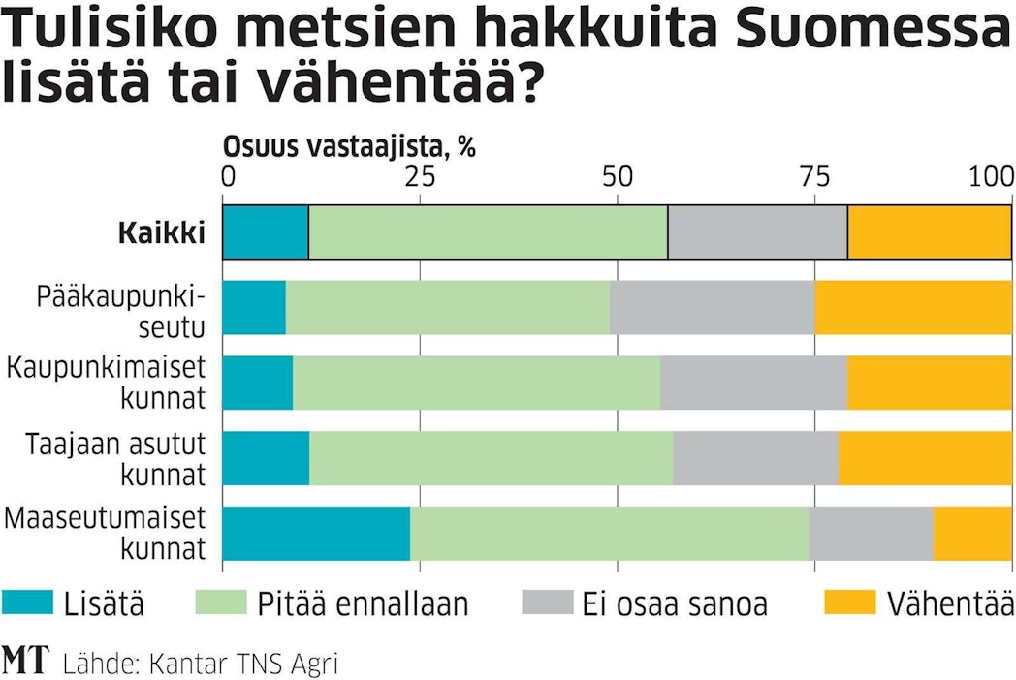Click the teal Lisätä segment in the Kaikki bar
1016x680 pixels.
[x=266, y=232]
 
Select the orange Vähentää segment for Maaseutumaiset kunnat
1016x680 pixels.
[x=972, y=534]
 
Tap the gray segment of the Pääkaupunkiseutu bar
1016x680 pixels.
[x=712, y=308]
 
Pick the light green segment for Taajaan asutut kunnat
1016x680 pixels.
[x=491, y=458]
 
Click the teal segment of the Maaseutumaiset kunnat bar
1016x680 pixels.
[x=316, y=534]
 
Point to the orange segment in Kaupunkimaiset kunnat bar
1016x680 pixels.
[x=930, y=383]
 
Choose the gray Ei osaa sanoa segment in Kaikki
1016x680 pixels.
[x=757, y=232]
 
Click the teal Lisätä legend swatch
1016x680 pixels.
[x=27, y=603]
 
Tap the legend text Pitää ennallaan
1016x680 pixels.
[x=363, y=603]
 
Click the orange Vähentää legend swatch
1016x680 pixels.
[x=847, y=603]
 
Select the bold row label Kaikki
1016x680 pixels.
[x=162, y=233]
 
